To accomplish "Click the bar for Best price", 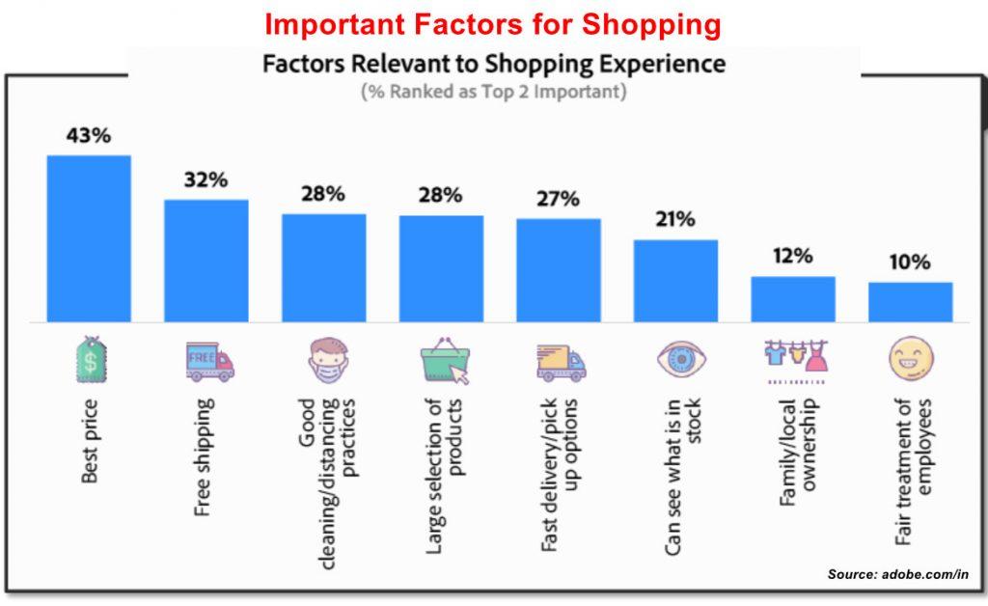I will click(89, 238).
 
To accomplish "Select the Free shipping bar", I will click(206, 261).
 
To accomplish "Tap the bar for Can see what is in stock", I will click(675, 280).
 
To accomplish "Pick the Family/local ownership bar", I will click(793, 299).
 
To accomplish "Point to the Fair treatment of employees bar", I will click(910, 302).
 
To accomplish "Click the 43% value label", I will click(89, 135).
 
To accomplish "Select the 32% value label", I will click(206, 179).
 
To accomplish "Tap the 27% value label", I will click(558, 199).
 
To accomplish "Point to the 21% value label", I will click(675, 219).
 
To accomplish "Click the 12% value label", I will click(793, 256).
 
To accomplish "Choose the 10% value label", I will click(910, 262).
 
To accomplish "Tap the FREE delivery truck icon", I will click(209, 362).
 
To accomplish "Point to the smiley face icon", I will click(911, 360).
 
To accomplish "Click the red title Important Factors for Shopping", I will click(493, 24).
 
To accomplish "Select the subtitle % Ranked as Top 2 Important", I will click(493, 93).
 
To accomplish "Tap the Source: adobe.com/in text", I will click(897, 574).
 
